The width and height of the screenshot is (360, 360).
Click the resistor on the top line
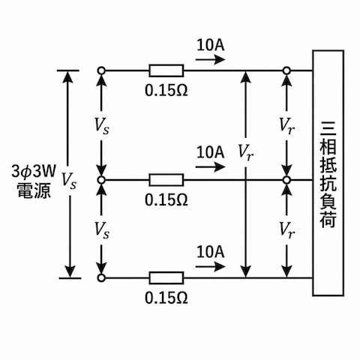(x=166, y=71)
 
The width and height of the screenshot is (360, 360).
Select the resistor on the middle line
(x=166, y=181)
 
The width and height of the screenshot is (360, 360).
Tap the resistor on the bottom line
(x=166, y=277)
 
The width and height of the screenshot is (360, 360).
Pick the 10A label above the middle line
(x=210, y=152)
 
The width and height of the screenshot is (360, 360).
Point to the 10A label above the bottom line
(x=210, y=250)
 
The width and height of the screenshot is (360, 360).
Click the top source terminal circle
(x=101, y=71)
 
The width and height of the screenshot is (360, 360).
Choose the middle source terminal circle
(x=101, y=181)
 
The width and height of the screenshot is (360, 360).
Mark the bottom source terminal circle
(x=101, y=277)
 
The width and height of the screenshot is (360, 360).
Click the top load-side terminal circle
(x=286, y=71)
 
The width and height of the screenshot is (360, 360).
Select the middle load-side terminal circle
(x=286, y=181)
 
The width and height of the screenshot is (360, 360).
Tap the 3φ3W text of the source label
(x=31, y=168)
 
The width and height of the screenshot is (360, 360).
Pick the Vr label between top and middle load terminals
(x=286, y=126)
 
